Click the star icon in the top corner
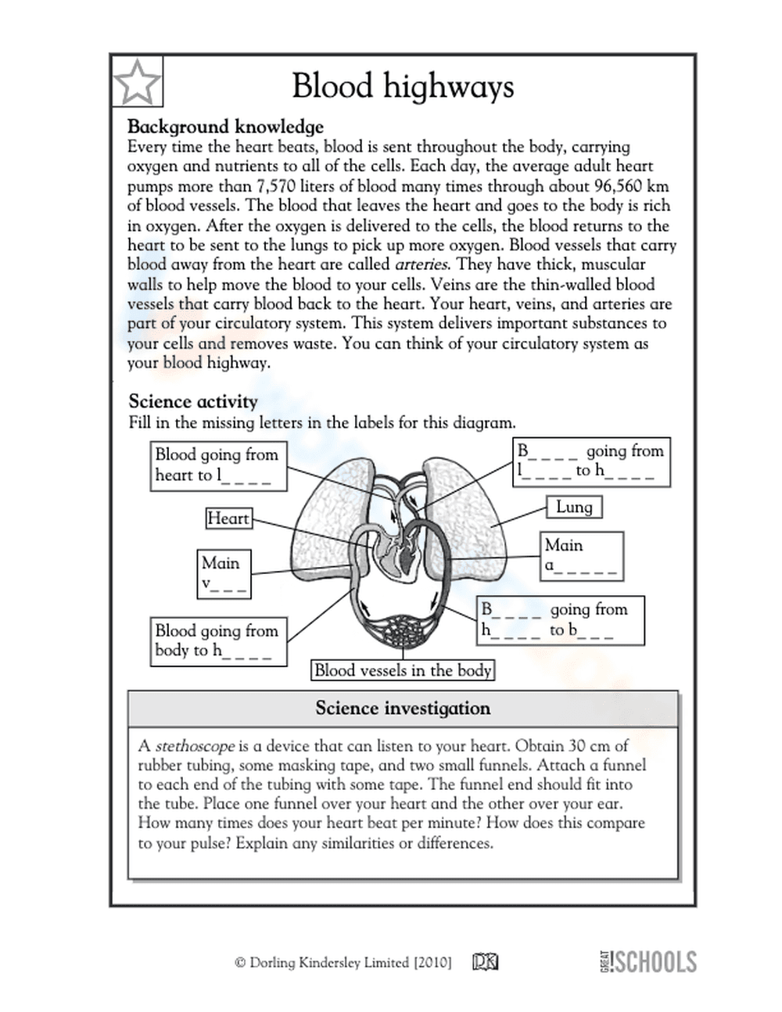click(137, 81)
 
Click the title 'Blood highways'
click(403, 85)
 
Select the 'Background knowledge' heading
click(225, 127)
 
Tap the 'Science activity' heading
click(193, 401)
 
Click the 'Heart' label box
click(228, 518)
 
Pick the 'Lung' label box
click(573, 507)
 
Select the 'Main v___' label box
click(224, 573)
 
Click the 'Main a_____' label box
click(582, 555)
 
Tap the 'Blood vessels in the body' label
click(403, 670)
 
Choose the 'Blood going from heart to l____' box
click(217, 465)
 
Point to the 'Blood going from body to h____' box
click(217, 641)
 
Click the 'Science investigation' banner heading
click(403, 709)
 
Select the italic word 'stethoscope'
click(195, 746)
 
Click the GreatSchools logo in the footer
click(647, 961)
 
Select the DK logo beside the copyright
click(485, 962)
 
